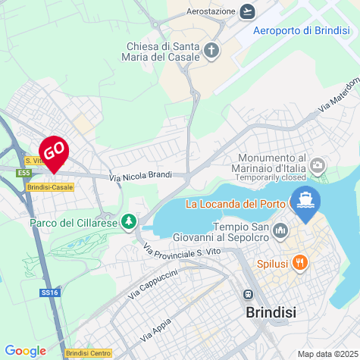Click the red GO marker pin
(54, 152)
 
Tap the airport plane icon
(246, 11)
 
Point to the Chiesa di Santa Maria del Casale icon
(211, 52)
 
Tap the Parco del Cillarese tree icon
(130, 221)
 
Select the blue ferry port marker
(306, 202)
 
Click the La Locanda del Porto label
(235, 203)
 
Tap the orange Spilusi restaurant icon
(301, 262)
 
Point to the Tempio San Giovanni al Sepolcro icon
(280, 230)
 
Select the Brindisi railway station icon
(247, 295)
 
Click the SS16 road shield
(49, 291)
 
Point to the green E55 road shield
(23, 173)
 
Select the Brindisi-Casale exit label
(50, 186)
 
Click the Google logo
(25, 351)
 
